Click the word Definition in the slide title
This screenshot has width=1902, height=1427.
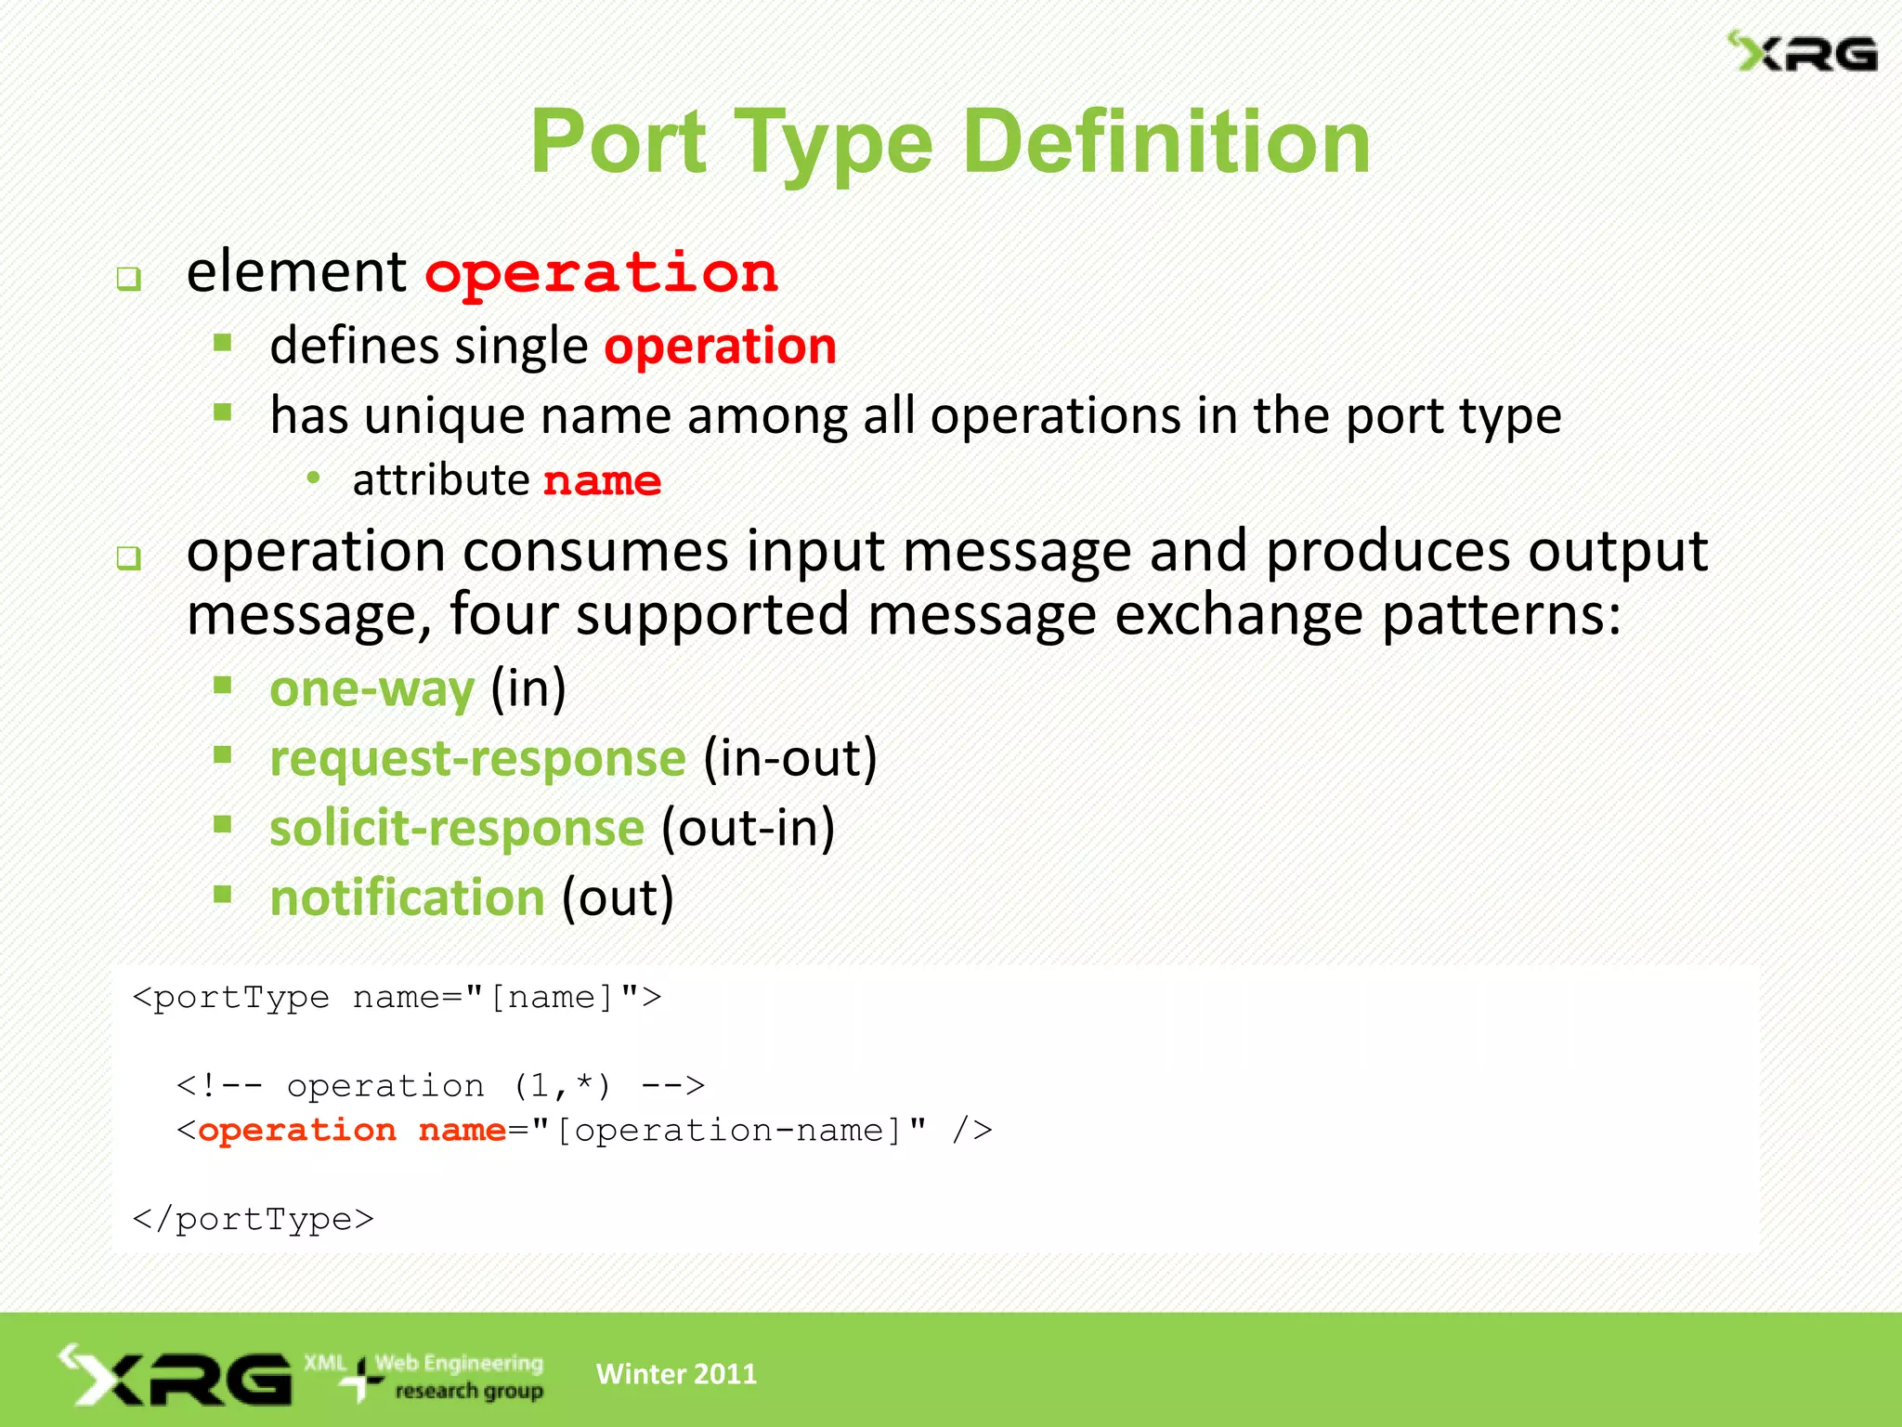[1166, 141]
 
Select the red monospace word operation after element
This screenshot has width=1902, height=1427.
[602, 274]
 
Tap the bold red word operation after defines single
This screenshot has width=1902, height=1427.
[721, 347]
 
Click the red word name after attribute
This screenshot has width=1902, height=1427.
[602, 481]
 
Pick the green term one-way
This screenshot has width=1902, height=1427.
[371, 689]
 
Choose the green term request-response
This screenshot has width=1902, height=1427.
[477, 758]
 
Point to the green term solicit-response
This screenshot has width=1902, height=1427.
[457, 828]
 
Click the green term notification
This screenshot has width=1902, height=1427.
[407, 897]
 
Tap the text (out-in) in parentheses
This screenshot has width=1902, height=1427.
[749, 828]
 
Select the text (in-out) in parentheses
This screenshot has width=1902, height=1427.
[790, 758]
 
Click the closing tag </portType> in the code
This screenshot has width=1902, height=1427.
[253, 1219]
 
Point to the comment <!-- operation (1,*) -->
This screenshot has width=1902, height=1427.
[440, 1085]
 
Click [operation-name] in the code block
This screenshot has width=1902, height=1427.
[729, 1131]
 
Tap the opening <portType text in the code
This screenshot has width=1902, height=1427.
[230, 997]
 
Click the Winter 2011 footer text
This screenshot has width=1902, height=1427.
[676, 1374]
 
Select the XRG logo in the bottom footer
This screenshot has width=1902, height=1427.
[176, 1376]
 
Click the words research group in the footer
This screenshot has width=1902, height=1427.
[469, 1391]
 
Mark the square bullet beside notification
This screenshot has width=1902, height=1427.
[222, 895]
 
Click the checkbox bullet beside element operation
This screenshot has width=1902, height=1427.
[128, 278]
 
